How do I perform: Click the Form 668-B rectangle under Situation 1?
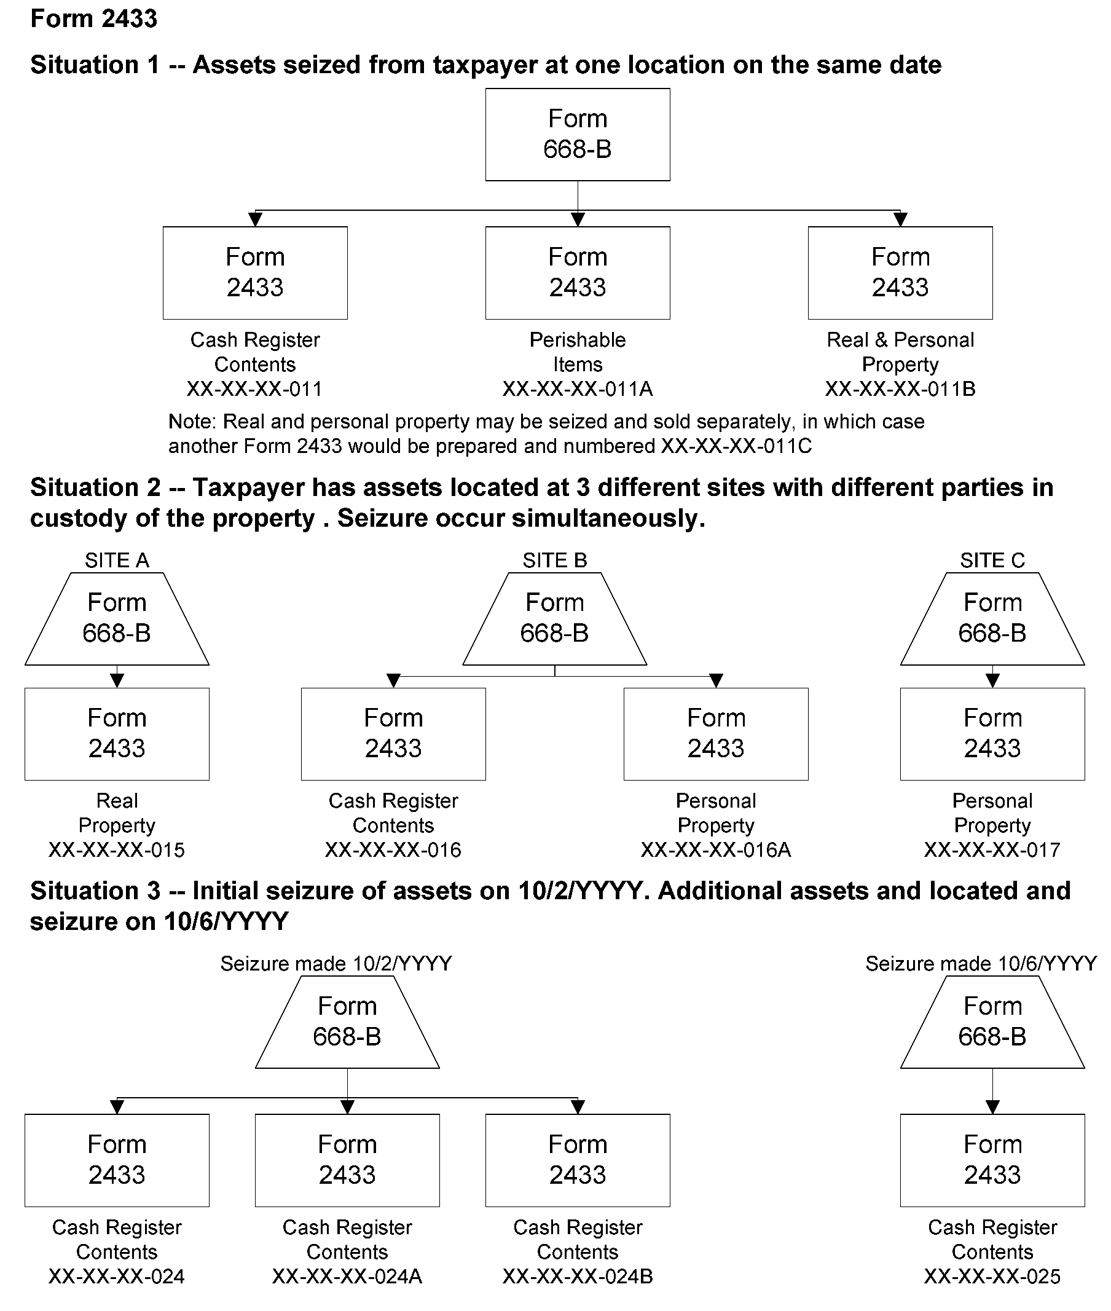coord(577,134)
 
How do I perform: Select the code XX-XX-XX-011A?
coord(577,388)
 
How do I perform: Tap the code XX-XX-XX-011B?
coord(900,388)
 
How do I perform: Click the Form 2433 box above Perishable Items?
coord(577,272)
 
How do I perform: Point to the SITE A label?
coord(117,560)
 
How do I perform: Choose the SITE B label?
coord(554,560)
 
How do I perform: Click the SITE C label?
coord(992,560)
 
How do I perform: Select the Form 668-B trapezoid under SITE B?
coord(554,618)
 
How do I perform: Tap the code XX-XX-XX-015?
coord(117,850)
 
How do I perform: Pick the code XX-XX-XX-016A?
coord(715,850)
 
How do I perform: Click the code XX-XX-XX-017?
coord(992,850)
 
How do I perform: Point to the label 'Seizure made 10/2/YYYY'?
coord(336,963)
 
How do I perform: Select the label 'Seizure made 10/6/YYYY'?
coord(981,963)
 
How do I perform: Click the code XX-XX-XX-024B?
coord(577,1277)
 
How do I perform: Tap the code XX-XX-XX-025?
coord(992,1277)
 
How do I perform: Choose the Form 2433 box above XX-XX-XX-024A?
coord(347,1160)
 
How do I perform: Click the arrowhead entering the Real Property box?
coord(117,680)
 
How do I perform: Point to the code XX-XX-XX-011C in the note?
coord(736,446)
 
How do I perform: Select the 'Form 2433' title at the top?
coord(94,18)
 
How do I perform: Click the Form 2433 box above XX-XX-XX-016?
coord(393,733)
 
